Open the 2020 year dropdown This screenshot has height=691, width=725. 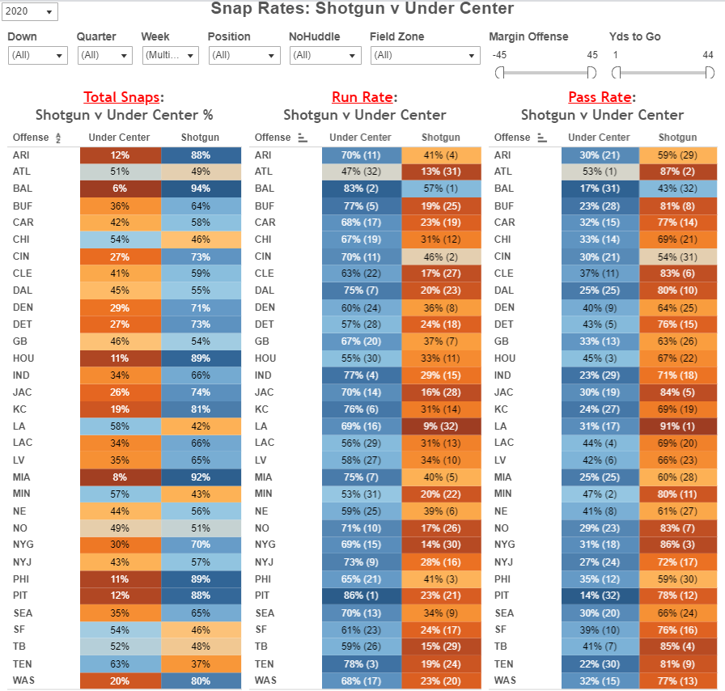(x=31, y=12)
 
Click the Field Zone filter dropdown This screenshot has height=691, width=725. (x=426, y=55)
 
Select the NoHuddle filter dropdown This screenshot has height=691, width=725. (x=324, y=55)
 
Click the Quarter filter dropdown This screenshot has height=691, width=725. (x=104, y=55)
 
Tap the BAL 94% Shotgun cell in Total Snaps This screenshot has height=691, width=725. (x=201, y=189)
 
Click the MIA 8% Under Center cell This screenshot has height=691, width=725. (x=120, y=477)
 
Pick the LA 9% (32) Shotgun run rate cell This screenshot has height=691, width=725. (x=442, y=425)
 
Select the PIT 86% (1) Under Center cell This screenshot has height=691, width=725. (x=361, y=596)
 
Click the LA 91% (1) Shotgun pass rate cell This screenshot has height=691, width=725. (x=677, y=425)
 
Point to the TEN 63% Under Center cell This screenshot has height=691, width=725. (x=120, y=663)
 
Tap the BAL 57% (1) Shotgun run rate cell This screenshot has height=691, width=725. (x=442, y=189)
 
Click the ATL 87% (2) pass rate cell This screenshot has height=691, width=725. (x=677, y=172)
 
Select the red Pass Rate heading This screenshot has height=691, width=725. (x=600, y=97)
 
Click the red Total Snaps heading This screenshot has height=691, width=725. (x=121, y=97)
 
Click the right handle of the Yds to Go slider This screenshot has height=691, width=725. (x=710, y=73)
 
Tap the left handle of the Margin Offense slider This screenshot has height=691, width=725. (x=500, y=73)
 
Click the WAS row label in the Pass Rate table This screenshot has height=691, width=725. (x=506, y=680)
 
